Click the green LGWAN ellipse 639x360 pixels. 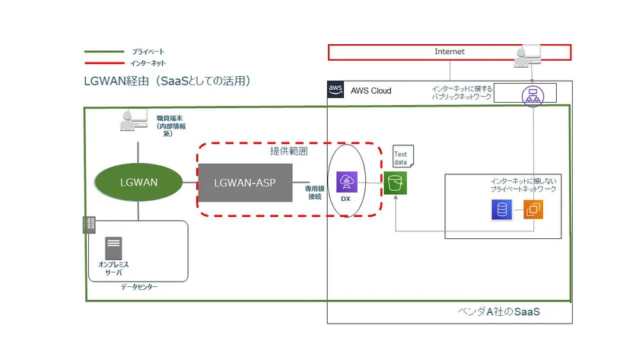pos(138,183)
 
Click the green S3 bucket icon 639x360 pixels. pos(395,183)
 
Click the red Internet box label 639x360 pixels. pos(449,52)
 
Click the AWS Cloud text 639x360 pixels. pos(371,91)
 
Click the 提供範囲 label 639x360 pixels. pos(289,150)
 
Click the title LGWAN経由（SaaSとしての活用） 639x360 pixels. pos(167,81)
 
